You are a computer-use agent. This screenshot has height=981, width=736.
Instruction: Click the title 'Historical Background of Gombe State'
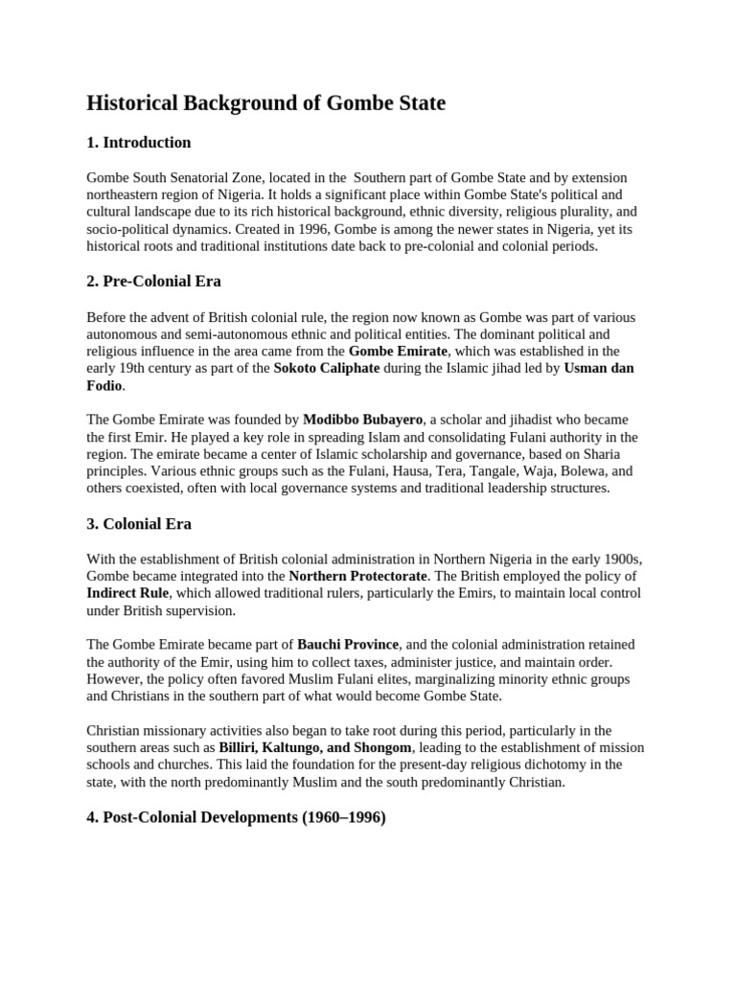click(265, 103)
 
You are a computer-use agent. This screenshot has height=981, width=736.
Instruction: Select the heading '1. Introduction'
click(139, 143)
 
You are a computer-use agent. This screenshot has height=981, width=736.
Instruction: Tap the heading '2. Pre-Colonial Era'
click(153, 282)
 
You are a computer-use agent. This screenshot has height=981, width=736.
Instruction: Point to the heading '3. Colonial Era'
click(139, 524)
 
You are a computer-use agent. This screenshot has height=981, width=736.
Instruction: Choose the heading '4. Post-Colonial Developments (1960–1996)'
click(236, 818)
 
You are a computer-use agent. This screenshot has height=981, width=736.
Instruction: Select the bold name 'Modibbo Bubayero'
click(363, 421)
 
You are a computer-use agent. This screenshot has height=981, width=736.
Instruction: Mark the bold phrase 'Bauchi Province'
click(348, 646)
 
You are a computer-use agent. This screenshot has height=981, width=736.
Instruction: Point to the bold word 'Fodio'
click(104, 386)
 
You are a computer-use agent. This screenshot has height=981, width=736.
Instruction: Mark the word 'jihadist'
click(505, 421)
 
